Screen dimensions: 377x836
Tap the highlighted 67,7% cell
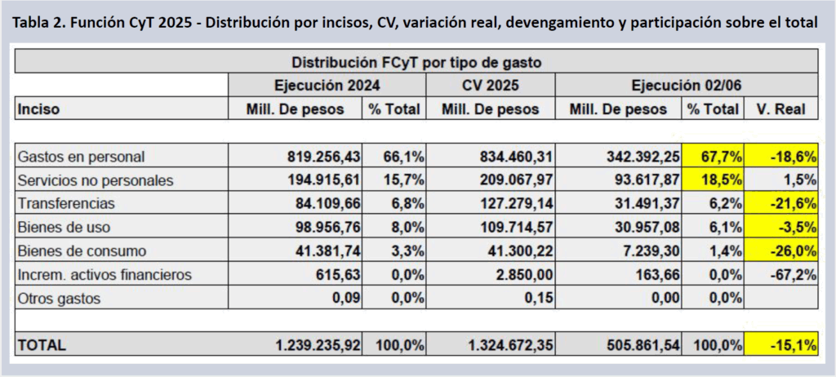pyautogui.click(x=714, y=157)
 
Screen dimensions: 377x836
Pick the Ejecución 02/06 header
pyautogui.click(x=688, y=84)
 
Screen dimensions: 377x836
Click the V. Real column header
pyautogui.click(x=781, y=109)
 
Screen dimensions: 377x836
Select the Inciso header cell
pyautogui.click(x=39, y=109)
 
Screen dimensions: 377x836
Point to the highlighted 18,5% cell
pyautogui.click(x=714, y=180)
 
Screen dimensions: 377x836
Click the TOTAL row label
pyautogui.click(x=42, y=345)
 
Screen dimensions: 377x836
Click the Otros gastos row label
pyautogui.click(x=59, y=299)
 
